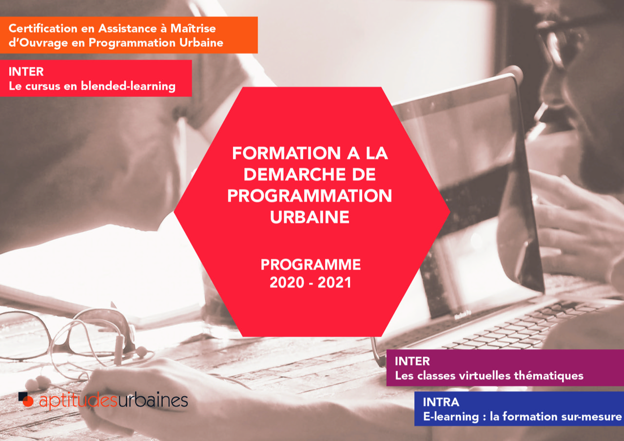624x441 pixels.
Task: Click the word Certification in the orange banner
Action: click(x=43, y=28)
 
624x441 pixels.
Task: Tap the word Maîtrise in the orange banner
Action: click(x=193, y=28)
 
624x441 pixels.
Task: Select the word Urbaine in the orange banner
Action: click(x=201, y=42)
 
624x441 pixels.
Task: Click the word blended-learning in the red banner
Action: click(x=128, y=86)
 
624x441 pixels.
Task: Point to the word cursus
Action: click(x=43, y=86)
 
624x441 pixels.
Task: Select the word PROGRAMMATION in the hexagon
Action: click(x=310, y=196)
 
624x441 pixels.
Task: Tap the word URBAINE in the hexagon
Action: click(x=310, y=217)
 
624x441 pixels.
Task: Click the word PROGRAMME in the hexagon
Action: click(x=311, y=265)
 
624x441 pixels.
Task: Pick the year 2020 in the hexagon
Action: click(x=287, y=283)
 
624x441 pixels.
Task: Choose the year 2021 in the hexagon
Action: click(x=334, y=283)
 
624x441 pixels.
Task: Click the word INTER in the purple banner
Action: click(x=412, y=362)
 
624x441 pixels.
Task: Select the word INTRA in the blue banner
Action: click(x=441, y=402)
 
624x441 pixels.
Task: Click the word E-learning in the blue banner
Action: click(x=451, y=417)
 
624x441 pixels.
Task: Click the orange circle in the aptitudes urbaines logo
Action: click(x=28, y=401)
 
